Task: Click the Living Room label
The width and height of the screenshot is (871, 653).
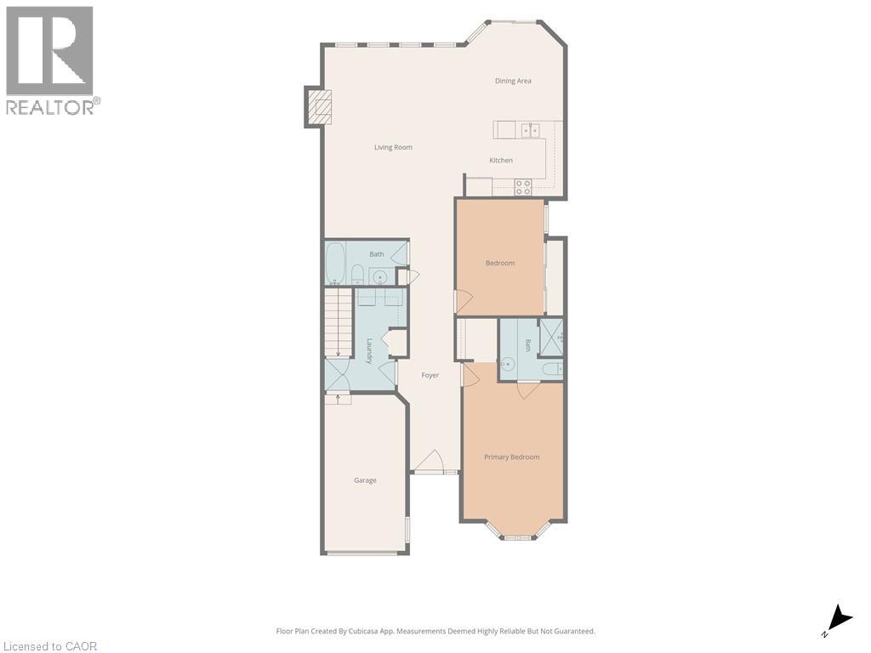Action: point(393,147)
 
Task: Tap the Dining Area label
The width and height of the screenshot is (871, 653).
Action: point(513,81)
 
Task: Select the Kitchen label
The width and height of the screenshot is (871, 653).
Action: point(501,161)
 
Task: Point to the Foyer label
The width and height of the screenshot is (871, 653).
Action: point(430,375)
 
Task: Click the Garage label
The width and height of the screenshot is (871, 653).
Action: point(365,480)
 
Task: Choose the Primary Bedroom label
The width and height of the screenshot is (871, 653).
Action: point(511,457)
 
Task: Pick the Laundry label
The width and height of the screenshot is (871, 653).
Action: point(369,351)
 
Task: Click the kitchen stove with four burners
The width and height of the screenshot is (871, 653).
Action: point(523,187)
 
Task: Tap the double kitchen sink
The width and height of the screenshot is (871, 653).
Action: point(530,130)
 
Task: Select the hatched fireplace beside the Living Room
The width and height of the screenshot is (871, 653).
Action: point(318,107)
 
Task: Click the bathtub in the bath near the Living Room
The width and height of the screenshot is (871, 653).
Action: point(335,263)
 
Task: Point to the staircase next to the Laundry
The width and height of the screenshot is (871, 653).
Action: point(339,324)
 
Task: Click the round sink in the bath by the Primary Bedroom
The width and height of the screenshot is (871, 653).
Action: point(507,364)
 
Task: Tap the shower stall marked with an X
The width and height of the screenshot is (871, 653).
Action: point(551,337)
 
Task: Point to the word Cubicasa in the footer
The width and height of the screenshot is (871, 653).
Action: point(363,632)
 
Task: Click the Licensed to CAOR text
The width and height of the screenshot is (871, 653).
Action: point(48,646)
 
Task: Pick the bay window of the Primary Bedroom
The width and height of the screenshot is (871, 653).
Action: point(518,530)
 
